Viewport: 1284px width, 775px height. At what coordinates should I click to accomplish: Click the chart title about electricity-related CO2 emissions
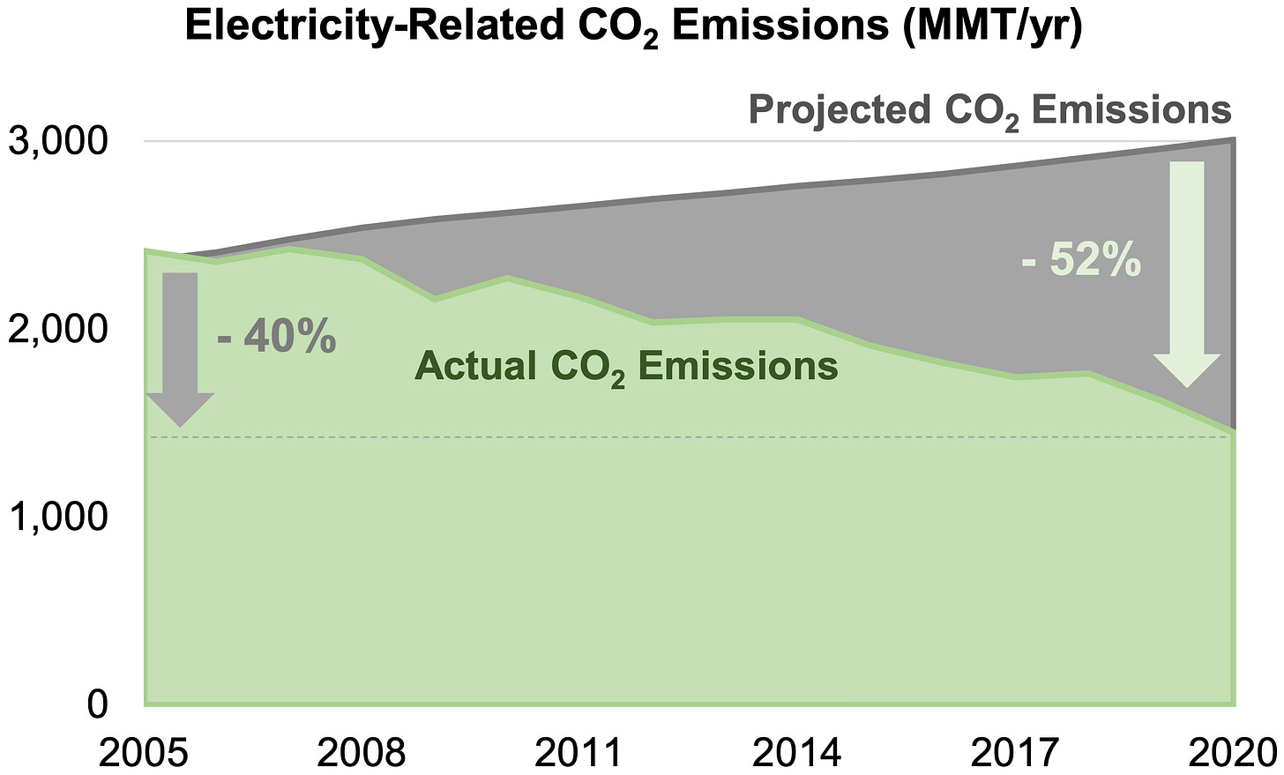tap(633, 28)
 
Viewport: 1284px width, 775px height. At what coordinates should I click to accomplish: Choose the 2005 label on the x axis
tap(145, 751)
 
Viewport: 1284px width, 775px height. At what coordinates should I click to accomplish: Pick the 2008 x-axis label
tap(362, 751)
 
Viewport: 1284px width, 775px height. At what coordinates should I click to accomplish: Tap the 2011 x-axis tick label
tap(579, 751)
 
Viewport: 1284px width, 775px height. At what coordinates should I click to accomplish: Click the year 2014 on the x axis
tap(797, 751)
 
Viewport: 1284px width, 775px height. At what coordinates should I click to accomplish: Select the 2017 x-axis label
tap(1014, 751)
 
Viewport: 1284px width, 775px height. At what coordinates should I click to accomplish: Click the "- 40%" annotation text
tap(276, 338)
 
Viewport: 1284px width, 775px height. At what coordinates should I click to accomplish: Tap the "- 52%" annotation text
tap(1081, 262)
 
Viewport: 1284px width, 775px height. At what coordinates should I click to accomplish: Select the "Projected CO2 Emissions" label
tap(989, 111)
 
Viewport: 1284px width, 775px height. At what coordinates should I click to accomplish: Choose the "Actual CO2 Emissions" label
tap(626, 366)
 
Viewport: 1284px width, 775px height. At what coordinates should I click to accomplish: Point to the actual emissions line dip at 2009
tap(435, 300)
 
